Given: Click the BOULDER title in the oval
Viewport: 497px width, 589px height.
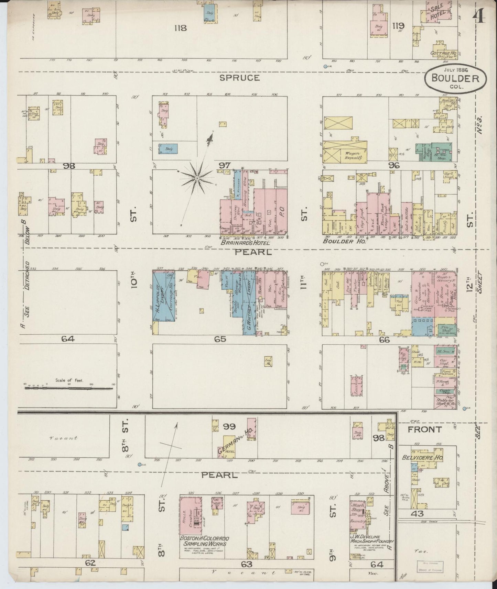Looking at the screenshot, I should point(456,78).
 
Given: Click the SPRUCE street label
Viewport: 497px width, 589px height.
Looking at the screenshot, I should point(239,78).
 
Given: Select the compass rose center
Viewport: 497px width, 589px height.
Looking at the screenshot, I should point(197,178).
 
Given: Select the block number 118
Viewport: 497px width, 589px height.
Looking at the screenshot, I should point(180,28).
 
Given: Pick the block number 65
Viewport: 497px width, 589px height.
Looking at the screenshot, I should point(220,339).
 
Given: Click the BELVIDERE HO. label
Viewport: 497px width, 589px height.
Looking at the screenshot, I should point(422,458).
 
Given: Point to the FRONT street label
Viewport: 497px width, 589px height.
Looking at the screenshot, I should point(424,429).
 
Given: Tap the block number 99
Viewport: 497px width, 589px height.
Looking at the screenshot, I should point(229,426).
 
